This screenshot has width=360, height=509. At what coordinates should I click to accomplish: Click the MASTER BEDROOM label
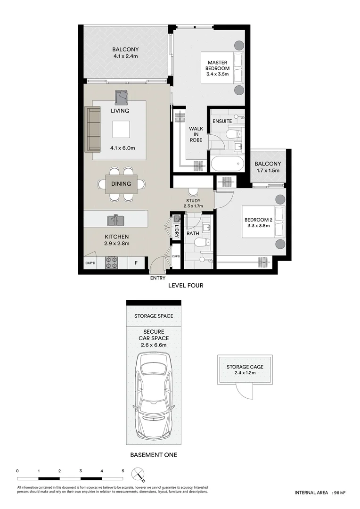[x=217, y=68]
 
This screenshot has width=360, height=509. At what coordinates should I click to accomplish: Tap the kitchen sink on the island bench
[x=115, y=220]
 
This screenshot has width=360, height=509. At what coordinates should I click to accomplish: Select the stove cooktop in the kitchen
[x=111, y=263]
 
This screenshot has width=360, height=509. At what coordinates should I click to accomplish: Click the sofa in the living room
[x=93, y=130]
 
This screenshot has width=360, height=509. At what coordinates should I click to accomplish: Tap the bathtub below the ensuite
[x=227, y=164]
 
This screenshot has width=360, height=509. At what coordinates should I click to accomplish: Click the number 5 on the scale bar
[x=123, y=471]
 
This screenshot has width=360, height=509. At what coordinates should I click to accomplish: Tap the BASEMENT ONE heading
[x=153, y=455]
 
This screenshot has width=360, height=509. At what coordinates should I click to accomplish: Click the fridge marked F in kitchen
[x=136, y=263]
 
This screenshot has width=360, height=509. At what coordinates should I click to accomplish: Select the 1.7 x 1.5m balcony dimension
[x=268, y=171]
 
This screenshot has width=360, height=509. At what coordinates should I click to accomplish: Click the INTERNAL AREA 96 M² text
[x=320, y=493]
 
